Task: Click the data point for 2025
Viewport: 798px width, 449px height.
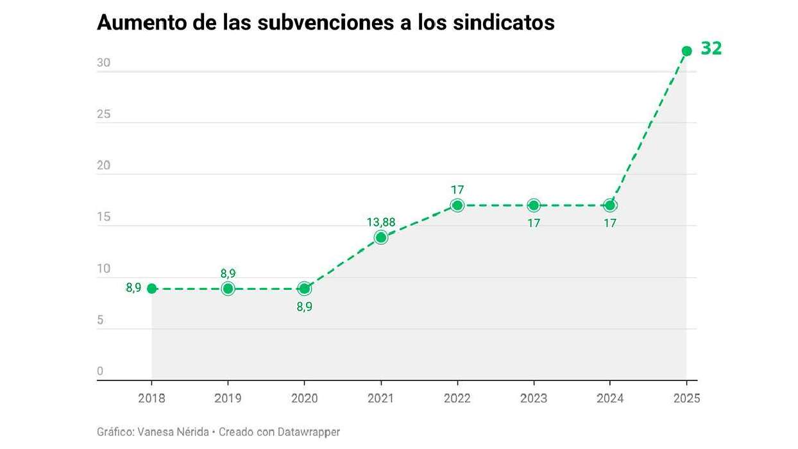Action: [686, 51]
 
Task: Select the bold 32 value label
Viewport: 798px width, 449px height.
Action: [711, 49]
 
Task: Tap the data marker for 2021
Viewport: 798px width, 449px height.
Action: [381, 237]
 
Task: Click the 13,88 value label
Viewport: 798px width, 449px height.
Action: [381, 223]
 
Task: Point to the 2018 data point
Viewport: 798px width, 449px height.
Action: [152, 288]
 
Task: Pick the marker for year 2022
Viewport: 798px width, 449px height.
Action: [457, 205]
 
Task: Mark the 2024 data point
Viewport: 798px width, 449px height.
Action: [610, 205]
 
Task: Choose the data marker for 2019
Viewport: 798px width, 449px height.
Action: [228, 288]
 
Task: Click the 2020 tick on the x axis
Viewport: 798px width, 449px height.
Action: [304, 398]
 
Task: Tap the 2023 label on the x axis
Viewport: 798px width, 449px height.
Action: [534, 398]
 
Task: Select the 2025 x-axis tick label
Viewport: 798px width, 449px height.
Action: [686, 398]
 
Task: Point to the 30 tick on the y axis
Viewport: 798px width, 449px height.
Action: [104, 64]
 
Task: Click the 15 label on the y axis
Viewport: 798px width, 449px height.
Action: [104, 217]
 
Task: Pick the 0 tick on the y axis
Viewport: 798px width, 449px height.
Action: [100, 371]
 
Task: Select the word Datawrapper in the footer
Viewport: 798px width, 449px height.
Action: [309, 432]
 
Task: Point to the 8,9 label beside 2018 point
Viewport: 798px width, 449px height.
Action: [133, 288]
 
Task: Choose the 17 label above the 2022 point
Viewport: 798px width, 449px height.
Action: [457, 190]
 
